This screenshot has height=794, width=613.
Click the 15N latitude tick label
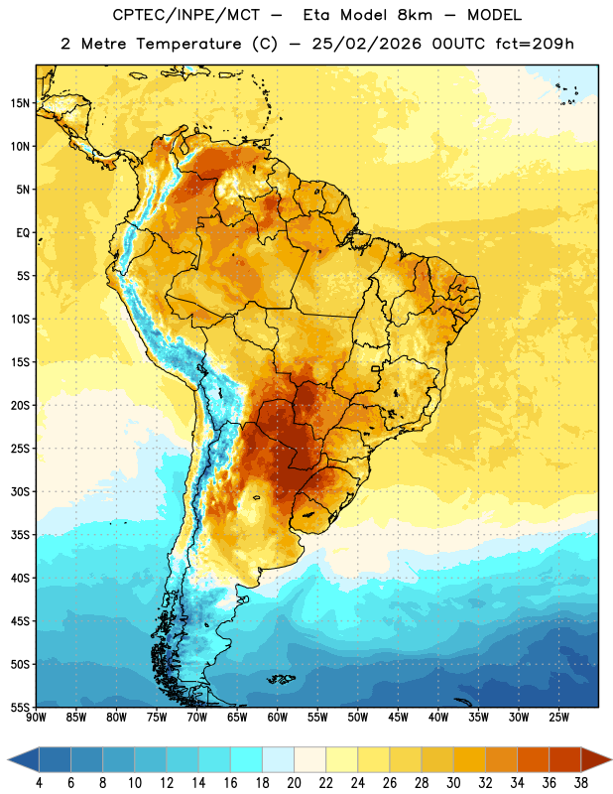click(x=20, y=103)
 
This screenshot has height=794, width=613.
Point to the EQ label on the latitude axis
click(x=23, y=233)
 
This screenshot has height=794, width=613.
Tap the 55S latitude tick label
click(x=20, y=707)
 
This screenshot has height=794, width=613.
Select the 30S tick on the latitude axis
click(x=20, y=491)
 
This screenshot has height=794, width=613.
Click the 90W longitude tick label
click(x=36, y=718)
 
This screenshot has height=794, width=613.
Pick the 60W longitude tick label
click(x=278, y=718)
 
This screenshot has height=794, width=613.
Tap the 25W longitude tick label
click(x=558, y=718)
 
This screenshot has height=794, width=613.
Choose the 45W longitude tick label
click(x=398, y=718)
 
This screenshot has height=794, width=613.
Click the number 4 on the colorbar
click(x=39, y=783)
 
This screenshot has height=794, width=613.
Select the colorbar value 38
click(x=580, y=783)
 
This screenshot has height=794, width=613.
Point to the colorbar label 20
click(x=294, y=783)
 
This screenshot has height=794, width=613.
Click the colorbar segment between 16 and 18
click(x=247, y=761)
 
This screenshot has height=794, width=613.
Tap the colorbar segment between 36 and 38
click(x=565, y=761)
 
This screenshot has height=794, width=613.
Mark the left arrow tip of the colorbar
click(x=8, y=761)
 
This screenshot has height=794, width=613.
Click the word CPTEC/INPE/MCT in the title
click(x=186, y=15)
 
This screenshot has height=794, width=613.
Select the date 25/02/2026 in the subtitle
click(x=366, y=44)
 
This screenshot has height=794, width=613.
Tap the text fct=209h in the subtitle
click(x=535, y=44)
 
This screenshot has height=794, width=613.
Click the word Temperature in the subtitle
click(x=188, y=44)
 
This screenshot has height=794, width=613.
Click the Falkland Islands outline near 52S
click(x=282, y=679)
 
